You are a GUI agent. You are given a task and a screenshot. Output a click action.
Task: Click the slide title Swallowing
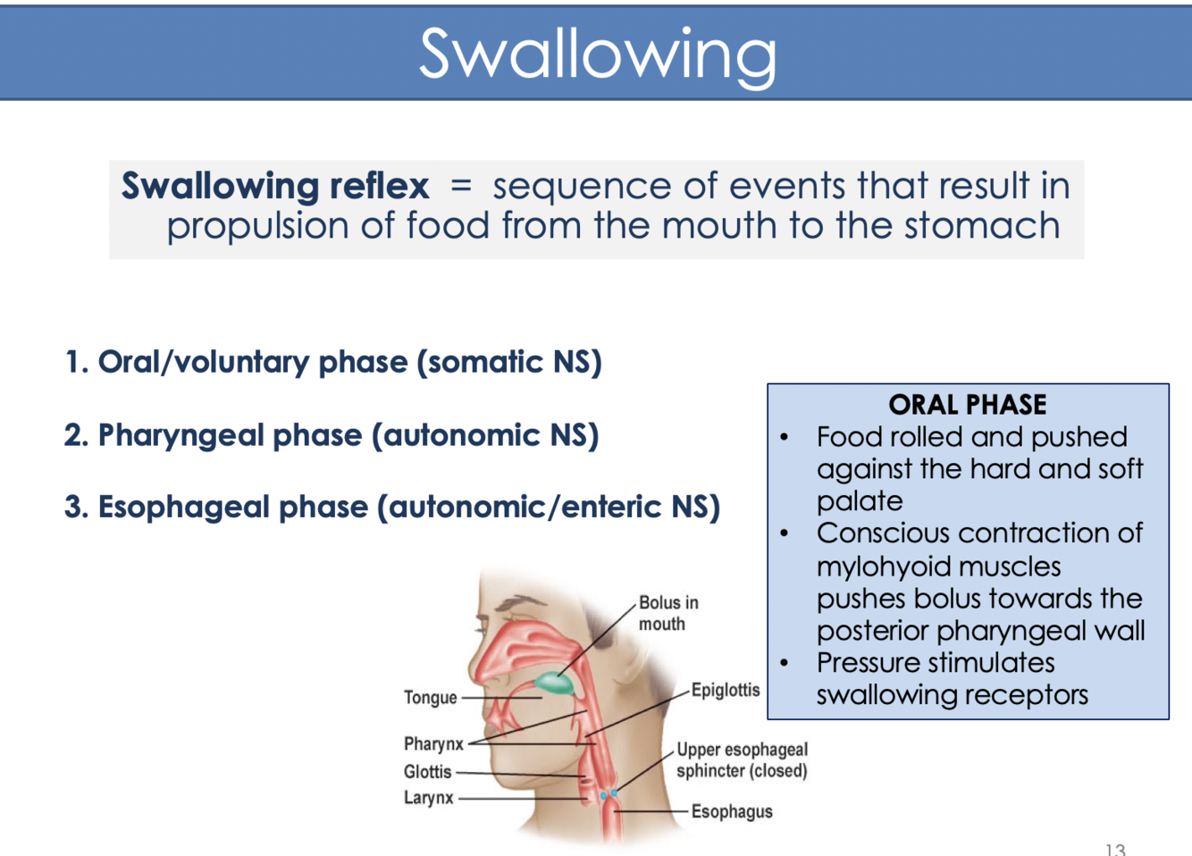click(597, 54)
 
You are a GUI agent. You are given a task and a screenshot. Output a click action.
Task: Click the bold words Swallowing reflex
click(275, 186)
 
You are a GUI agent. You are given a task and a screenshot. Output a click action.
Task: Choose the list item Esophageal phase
click(392, 507)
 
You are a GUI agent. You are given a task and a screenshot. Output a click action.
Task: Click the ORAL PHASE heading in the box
click(967, 405)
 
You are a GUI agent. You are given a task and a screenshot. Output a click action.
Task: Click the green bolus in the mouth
click(555, 684)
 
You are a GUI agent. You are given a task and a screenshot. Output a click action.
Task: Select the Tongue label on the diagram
click(430, 698)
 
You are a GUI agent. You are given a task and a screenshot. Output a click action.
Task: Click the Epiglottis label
click(725, 690)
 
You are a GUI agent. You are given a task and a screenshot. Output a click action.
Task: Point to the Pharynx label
click(433, 743)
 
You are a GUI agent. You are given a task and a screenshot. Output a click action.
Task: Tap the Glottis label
click(427, 771)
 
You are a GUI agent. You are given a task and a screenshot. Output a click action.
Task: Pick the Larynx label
click(428, 797)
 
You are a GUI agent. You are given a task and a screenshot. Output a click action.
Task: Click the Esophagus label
click(731, 811)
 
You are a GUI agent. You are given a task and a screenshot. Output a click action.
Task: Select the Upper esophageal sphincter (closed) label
click(742, 759)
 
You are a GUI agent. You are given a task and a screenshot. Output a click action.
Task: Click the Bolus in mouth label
click(667, 613)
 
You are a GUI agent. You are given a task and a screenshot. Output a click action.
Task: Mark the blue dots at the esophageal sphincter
click(609, 793)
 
